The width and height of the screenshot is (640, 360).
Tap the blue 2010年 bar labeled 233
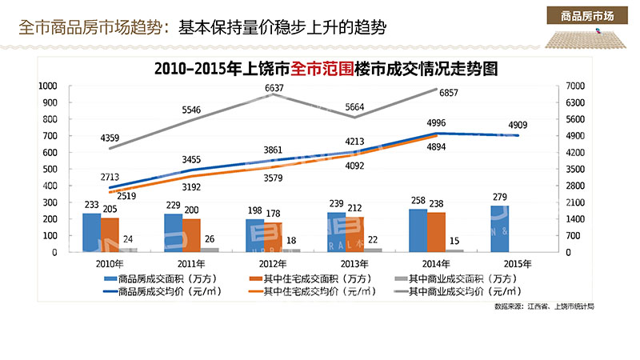coord(92,233)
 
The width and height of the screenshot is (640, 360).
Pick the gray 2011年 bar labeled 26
coord(209,250)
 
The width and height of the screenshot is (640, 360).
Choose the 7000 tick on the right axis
coord(576,86)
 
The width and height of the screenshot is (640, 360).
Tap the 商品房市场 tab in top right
coord(587,15)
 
